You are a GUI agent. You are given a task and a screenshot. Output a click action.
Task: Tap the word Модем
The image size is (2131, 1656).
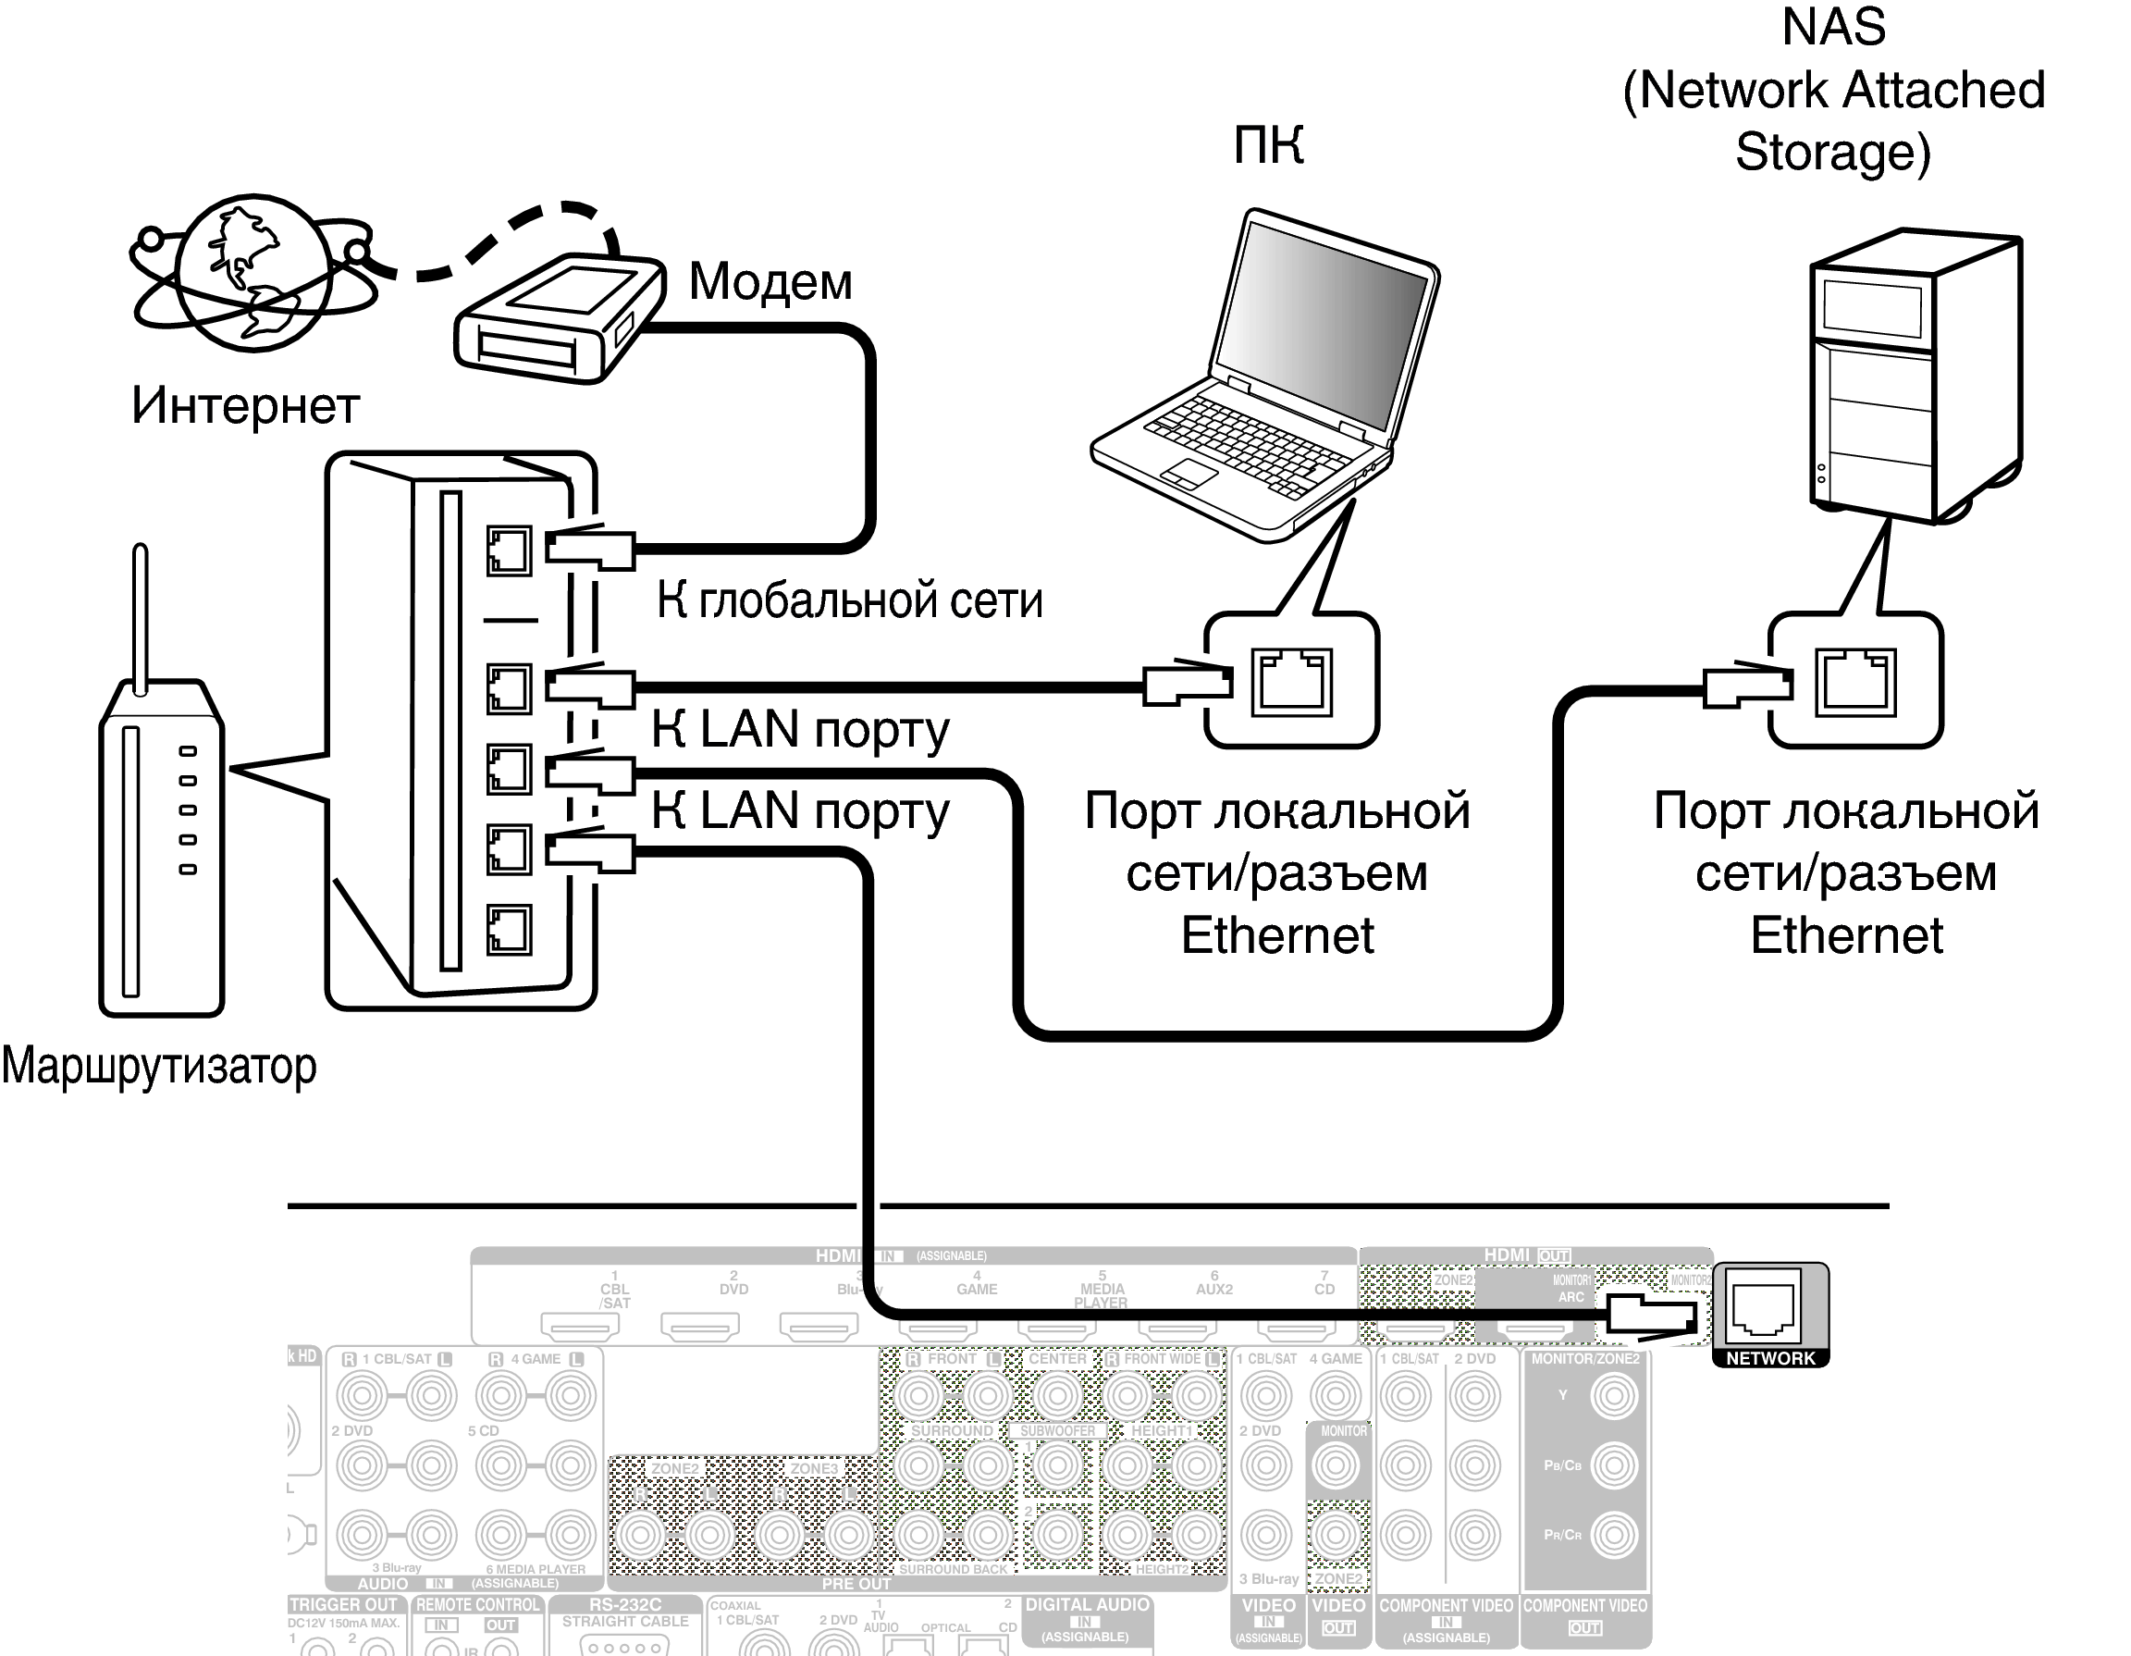click(x=770, y=282)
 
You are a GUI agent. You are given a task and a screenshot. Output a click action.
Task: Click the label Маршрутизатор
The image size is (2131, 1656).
click(x=159, y=1066)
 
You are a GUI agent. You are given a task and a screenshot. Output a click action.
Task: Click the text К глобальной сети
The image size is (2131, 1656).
click(x=849, y=599)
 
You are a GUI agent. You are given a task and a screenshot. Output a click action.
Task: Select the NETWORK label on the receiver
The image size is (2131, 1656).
click(x=1770, y=1357)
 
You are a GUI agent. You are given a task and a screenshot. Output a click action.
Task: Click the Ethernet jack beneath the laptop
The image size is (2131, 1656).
click(x=1292, y=682)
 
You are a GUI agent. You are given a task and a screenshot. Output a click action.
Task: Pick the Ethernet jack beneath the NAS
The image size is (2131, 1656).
click(x=1854, y=682)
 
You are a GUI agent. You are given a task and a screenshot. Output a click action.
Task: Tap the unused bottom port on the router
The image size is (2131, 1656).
click(x=509, y=929)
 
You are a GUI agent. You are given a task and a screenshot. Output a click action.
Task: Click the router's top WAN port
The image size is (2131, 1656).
click(x=509, y=550)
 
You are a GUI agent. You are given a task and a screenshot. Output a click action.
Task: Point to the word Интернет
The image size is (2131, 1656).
click(x=246, y=405)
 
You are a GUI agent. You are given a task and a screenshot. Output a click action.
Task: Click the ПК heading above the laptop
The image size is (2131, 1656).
click(x=1268, y=146)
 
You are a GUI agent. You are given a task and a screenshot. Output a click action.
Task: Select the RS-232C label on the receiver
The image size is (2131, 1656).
click(x=624, y=1604)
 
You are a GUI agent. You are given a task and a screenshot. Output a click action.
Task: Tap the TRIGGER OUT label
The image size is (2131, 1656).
click(x=343, y=1604)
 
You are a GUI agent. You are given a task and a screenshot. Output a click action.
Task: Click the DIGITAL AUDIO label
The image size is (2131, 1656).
click(x=1087, y=1604)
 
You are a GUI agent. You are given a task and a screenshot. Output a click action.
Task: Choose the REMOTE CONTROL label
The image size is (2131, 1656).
click(x=478, y=1604)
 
